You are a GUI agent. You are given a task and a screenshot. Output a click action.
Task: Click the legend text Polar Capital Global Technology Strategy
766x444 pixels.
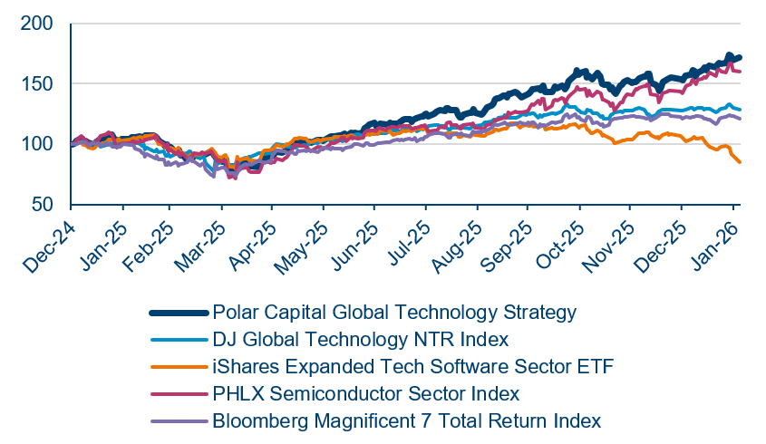pyautogui.click(x=394, y=313)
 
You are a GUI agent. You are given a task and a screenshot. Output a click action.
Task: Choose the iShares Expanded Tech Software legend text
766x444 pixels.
pyautogui.click(x=412, y=367)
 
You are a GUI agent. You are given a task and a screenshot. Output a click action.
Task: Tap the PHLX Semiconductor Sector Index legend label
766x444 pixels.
pyautogui.click(x=366, y=394)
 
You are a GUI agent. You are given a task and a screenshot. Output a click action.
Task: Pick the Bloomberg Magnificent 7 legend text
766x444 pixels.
pyautogui.click(x=407, y=421)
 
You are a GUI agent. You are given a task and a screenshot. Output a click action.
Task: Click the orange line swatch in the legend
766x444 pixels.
pyautogui.click(x=179, y=367)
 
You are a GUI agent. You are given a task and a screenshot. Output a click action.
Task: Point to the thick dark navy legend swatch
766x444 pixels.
pyautogui.click(x=179, y=313)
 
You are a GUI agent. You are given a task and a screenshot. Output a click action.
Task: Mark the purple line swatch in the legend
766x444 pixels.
pyautogui.click(x=179, y=421)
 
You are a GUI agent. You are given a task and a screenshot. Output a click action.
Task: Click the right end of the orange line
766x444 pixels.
pyautogui.click(x=741, y=162)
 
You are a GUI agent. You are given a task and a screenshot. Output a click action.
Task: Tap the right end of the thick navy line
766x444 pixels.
pyautogui.click(x=741, y=57)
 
